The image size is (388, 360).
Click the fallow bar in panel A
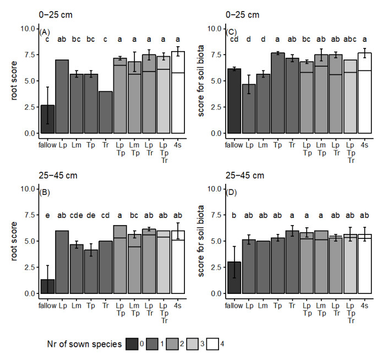click(x=48, y=119)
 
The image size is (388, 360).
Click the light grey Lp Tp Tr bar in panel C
click(x=349, y=96)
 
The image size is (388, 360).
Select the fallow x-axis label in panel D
click(x=234, y=302)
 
